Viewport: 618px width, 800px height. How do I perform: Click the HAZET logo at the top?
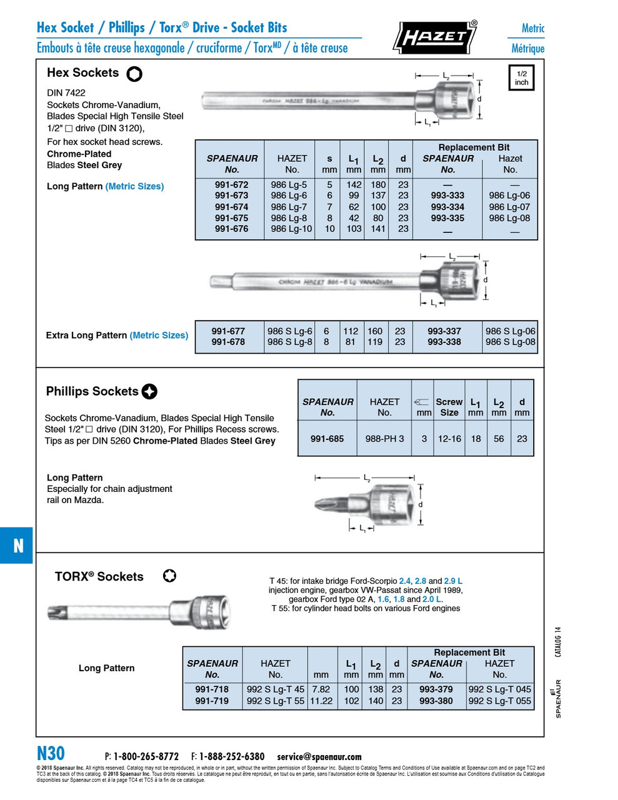[x=435, y=37]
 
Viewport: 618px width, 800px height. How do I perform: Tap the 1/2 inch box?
[x=521, y=78]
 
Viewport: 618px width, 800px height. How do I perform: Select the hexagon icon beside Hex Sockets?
[x=134, y=74]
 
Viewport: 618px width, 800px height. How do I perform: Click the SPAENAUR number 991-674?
[x=231, y=207]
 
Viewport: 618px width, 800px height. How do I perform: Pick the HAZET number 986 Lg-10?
[x=291, y=229]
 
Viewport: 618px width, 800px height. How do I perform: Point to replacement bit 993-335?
[x=447, y=218]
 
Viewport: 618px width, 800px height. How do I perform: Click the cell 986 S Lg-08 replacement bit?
[x=510, y=342]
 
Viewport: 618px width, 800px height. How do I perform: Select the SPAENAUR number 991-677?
[x=228, y=331]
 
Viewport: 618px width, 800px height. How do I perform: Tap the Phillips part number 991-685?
[x=327, y=439]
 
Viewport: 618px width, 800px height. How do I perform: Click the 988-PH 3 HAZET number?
[x=384, y=439]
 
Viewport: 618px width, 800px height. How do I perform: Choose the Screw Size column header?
[x=449, y=407]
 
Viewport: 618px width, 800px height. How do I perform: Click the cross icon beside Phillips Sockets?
[x=149, y=391]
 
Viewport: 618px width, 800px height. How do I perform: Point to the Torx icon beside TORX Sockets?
[x=169, y=576]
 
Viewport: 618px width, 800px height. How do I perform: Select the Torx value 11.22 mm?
[x=321, y=701]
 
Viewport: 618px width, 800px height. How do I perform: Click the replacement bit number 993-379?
[x=436, y=689]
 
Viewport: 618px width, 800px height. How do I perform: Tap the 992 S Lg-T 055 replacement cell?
[x=499, y=701]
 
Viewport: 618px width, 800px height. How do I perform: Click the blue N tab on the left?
[x=17, y=546]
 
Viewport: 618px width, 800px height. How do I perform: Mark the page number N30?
[x=51, y=753]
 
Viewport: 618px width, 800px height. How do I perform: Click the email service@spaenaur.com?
[x=319, y=756]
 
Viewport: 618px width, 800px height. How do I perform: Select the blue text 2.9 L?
[x=453, y=581]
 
